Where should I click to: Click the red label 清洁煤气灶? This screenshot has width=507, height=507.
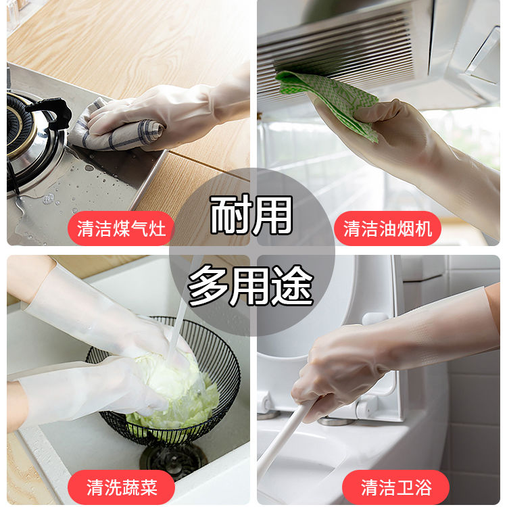[x=121, y=228]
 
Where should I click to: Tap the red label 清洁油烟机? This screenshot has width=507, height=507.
[x=387, y=228]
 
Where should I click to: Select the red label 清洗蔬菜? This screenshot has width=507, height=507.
[x=121, y=487]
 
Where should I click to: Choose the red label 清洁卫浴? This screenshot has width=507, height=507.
[x=395, y=487]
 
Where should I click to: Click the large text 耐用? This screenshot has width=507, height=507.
[x=251, y=215]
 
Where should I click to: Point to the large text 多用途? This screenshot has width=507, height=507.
[x=251, y=285]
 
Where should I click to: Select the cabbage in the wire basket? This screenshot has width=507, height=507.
[x=174, y=391]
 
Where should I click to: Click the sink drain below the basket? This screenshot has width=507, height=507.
[x=173, y=458]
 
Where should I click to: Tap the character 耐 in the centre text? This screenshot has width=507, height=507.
[x=231, y=215]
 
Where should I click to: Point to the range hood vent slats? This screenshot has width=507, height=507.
[x=336, y=49]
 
